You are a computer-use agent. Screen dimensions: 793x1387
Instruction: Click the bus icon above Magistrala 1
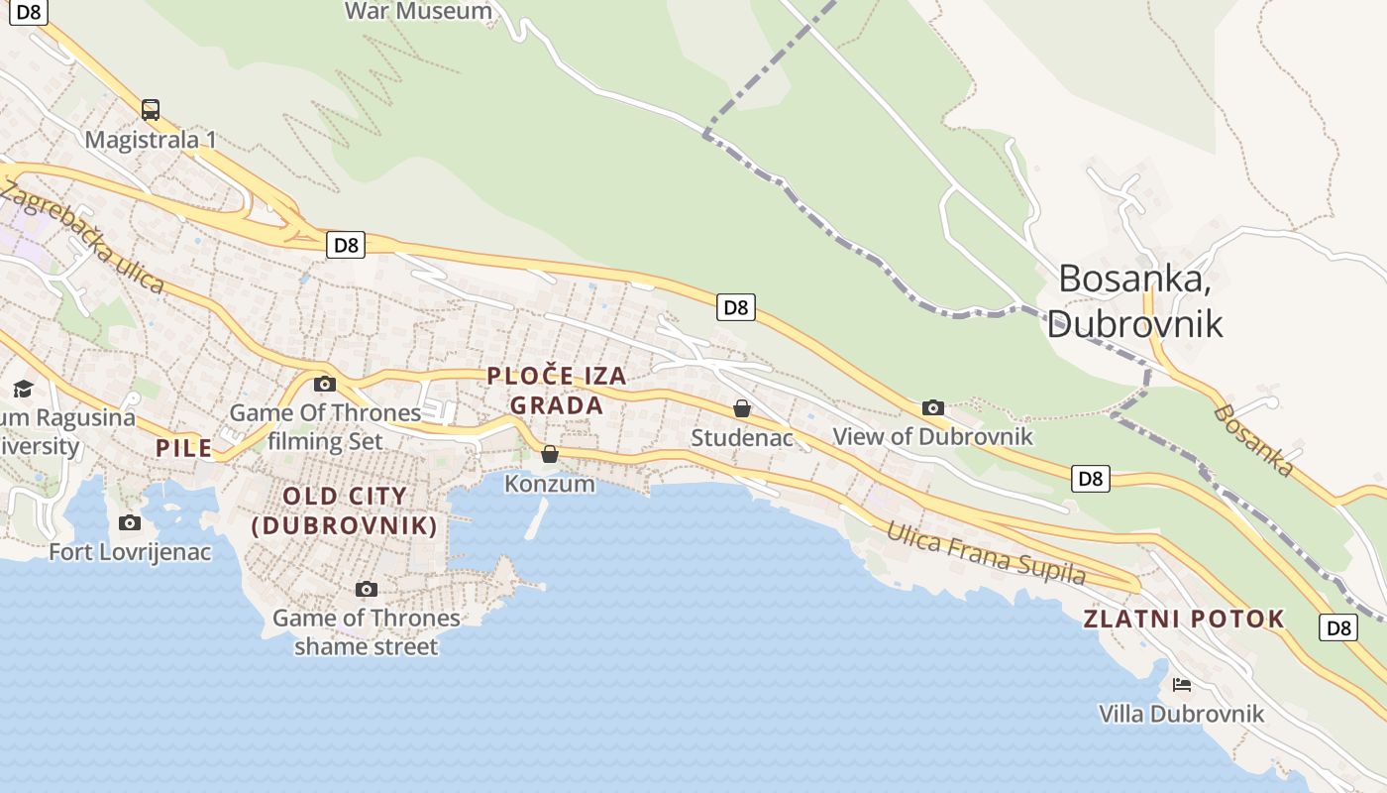click(x=151, y=109)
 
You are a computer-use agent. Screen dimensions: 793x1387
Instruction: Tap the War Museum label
click(x=418, y=11)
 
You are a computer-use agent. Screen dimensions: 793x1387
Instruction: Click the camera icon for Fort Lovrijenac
click(x=130, y=522)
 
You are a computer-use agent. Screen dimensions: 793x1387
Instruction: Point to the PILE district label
click(x=184, y=448)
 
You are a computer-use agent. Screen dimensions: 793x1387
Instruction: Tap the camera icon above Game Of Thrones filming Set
click(x=324, y=384)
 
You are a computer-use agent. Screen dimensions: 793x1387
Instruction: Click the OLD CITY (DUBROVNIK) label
click(x=345, y=510)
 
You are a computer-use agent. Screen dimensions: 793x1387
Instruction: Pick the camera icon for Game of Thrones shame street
click(x=367, y=589)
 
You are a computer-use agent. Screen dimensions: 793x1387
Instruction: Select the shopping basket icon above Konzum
click(x=550, y=454)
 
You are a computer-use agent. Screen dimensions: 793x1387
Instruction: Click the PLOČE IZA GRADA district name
click(x=557, y=391)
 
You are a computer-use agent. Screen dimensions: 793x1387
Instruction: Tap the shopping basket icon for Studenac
click(x=741, y=407)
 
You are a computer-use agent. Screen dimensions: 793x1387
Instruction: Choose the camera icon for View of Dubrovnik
click(x=932, y=407)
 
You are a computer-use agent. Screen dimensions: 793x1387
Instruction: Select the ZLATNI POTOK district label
click(x=1184, y=620)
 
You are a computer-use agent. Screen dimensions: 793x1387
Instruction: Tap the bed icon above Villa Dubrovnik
click(x=1181, y=684)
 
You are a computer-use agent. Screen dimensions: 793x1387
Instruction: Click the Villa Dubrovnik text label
click(x=1181, y=714)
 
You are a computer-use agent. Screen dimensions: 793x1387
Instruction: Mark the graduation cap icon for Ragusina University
click(x=23, y=388)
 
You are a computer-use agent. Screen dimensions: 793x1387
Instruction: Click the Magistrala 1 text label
click(x=151, y=139)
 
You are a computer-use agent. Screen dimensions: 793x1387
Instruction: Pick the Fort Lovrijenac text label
click(x=130, y=551)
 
